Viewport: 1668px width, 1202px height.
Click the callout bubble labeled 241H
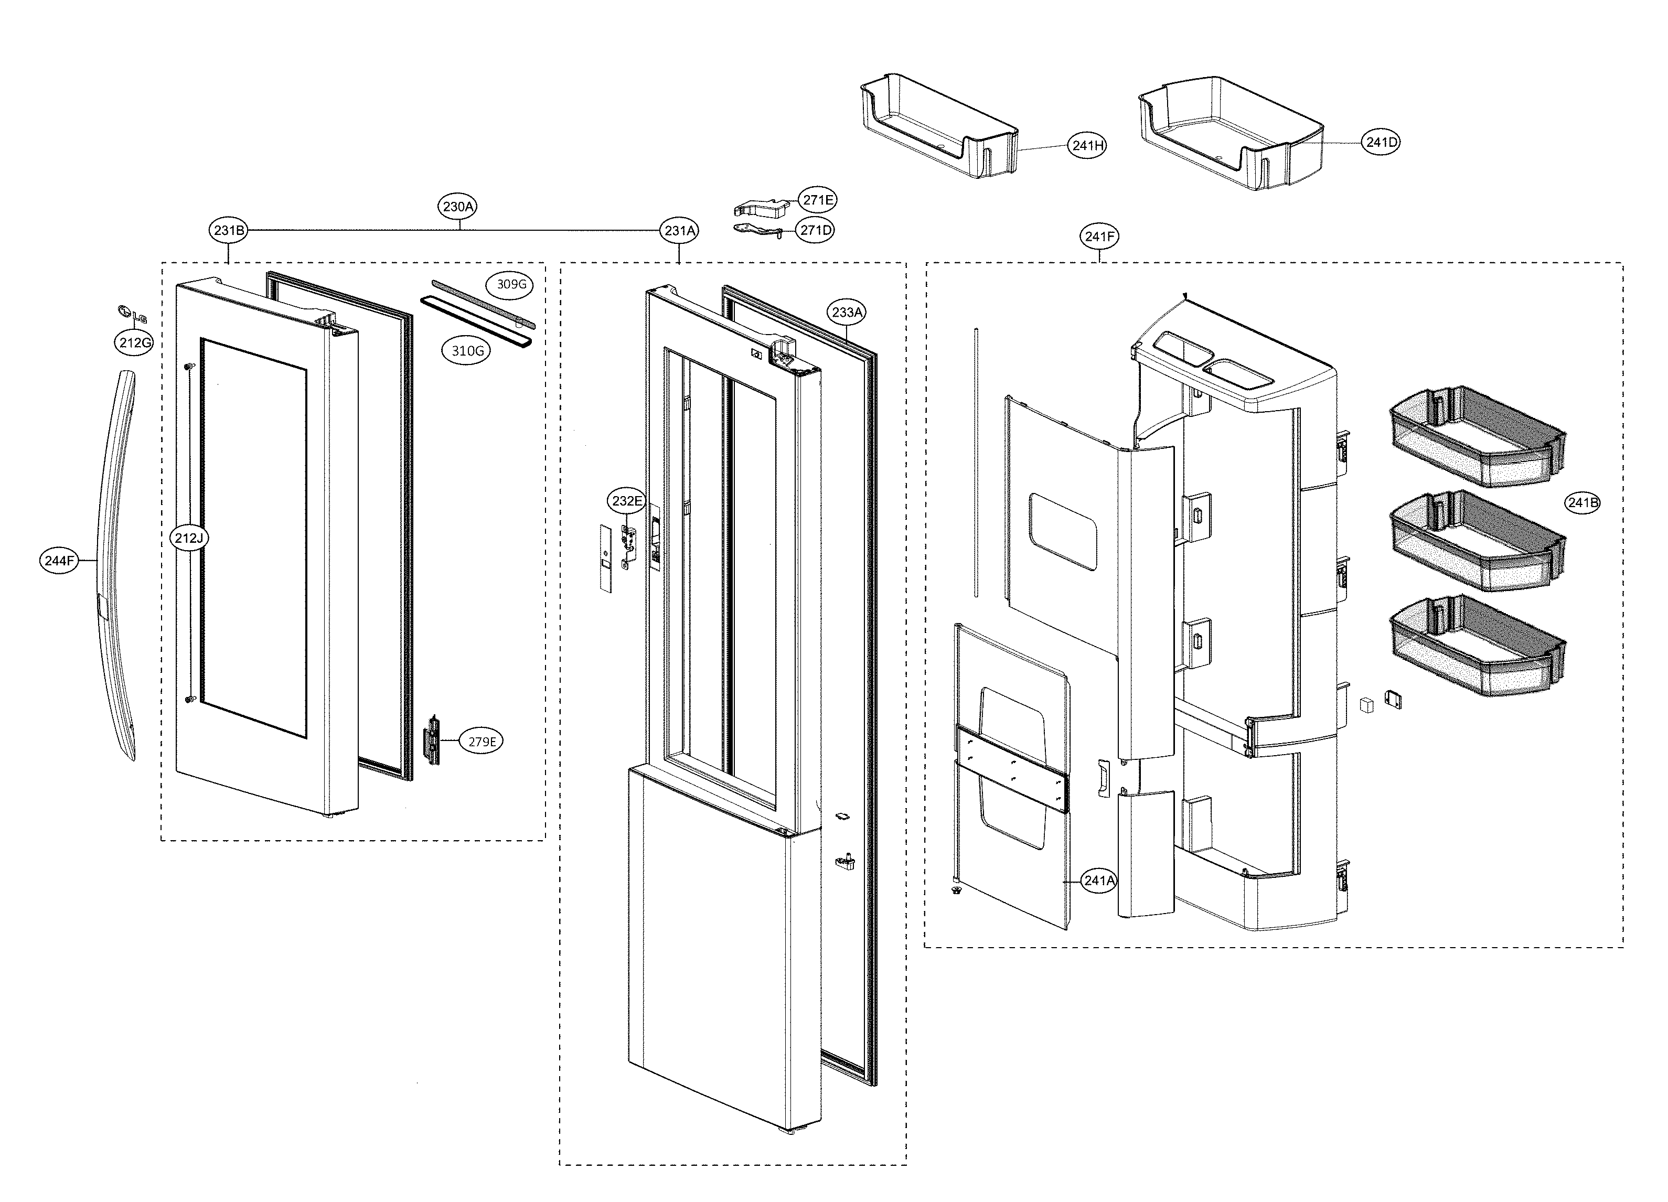pos(1087,146)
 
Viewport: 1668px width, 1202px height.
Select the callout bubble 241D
pos(1381,142)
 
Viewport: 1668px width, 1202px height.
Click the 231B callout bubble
pos(229,230)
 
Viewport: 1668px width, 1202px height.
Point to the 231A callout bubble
pos(680,230)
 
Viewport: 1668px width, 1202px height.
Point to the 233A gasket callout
pos(847,312)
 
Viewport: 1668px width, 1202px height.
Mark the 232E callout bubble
pos(627,501)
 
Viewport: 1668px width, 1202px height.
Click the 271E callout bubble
pos(818,200)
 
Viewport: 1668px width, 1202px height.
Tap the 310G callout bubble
pos(467,351)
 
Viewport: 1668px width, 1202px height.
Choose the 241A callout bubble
pos(1099,880)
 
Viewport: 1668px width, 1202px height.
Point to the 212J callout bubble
pos(188,538)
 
